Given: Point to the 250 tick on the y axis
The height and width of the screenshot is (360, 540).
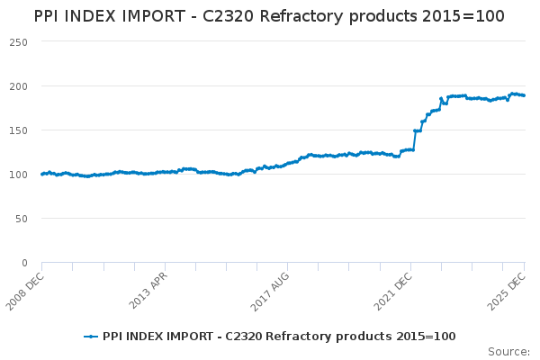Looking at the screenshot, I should (x=19, y=42).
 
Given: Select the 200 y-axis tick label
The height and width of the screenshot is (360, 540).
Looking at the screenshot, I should (x=19, y=86).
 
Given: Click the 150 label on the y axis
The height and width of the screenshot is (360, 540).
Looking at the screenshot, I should (x=19, y=130).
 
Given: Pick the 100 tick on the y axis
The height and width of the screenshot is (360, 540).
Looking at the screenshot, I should (x=19, y=175).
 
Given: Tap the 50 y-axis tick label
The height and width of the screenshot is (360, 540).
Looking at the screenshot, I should (x=22, y=219).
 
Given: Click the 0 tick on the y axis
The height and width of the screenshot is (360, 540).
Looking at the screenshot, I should (x=25, y=263).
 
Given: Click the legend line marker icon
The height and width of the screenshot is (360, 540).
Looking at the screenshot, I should (x=91, y=337).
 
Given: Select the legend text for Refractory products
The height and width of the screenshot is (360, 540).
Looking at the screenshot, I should (x=279, y=337).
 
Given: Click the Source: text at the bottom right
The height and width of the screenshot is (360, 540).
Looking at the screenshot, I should (x=508, y=351).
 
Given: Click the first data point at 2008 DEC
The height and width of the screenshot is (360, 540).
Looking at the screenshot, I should (x=42, y=174).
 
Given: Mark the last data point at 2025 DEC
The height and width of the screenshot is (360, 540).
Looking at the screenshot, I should (x=525, y=95).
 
